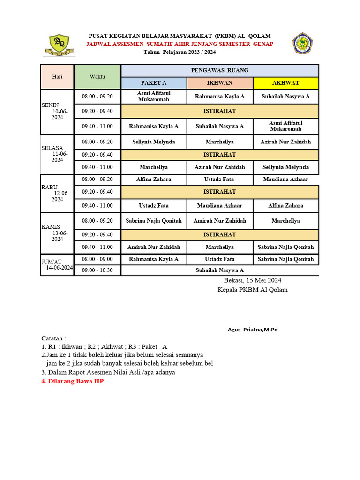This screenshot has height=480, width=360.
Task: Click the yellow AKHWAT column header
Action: [x=285, y=83]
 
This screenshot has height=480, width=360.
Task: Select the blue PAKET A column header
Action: [x=154, y=83]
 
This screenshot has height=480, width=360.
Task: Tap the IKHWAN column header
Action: [x=219, y=83]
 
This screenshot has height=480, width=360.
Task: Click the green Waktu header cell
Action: [x=97, y=76]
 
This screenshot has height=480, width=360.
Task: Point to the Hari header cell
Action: [x=57, y=76]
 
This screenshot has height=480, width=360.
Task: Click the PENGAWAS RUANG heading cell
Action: [x=219, y=70]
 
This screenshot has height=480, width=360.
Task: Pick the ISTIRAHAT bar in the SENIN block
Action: [x=219, y=111]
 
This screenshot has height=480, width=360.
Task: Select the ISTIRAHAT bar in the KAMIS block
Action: [x=219, y=234]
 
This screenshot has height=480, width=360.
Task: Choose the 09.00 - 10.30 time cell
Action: [x=97, y=270]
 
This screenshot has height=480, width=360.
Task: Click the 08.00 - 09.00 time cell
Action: [x=97, y=259]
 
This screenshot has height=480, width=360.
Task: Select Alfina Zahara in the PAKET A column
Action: [x=154, y=180]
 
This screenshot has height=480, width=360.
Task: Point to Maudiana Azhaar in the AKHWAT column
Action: [x=285, y=180]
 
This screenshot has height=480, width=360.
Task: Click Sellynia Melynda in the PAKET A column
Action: [x=154, y=142]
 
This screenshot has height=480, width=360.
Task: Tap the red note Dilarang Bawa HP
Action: [x=73, y=381]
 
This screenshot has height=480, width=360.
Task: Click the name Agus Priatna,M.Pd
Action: [x=253, y=330]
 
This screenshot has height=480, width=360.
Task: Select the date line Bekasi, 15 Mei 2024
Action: [x=252, y=280]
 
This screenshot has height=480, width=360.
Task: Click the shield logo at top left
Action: [x=59, y=45]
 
